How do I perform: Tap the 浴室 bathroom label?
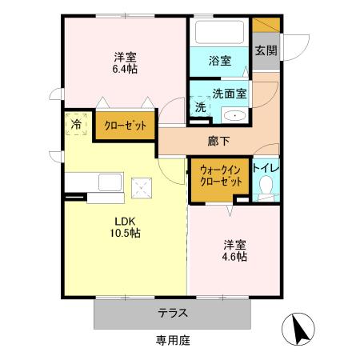pos(220,60)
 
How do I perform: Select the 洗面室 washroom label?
pos(230,92)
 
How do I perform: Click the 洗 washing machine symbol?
pos(200,106)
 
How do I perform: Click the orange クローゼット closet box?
pos(124,126)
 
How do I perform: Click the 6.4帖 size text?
pos(124,70)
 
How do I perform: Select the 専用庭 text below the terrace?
pos(173,340)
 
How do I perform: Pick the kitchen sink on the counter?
pos(109,183)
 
